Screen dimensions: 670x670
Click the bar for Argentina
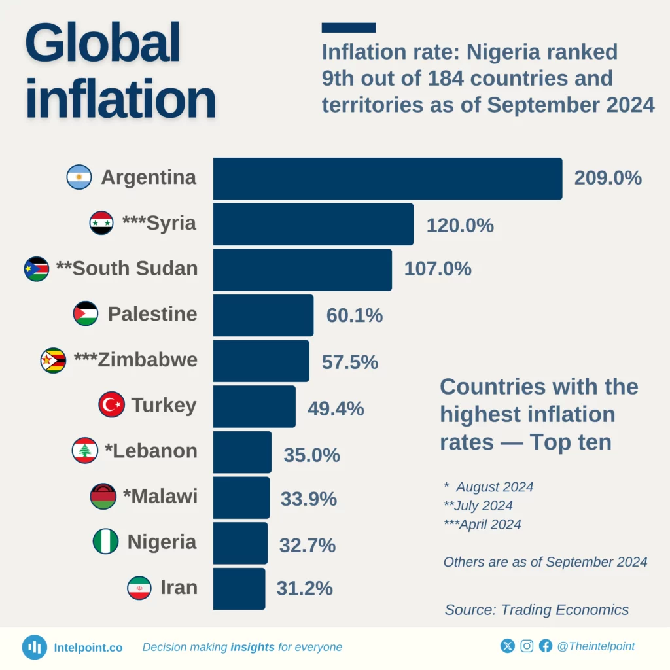pos(387,179)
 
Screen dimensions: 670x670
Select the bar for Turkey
pos(254,406)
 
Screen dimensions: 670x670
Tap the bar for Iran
pos(239,588)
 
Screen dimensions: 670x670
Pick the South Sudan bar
pos(302,270)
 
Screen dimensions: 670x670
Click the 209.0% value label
pos(608,178)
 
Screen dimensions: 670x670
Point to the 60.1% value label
pos(354,315)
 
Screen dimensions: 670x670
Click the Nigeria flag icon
pos(105,542)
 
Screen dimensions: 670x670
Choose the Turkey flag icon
pos(111,405)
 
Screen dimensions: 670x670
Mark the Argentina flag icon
pos(79,177)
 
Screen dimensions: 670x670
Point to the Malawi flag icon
pos(103,497)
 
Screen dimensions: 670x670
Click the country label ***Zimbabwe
pos(136,360)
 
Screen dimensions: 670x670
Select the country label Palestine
pos(152,314)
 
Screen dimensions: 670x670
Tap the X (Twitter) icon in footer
pos(508,646)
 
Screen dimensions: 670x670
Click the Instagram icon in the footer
pos(527,646)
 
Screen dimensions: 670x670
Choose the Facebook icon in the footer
pos(546,646)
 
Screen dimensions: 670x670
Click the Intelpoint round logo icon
pos(34,647)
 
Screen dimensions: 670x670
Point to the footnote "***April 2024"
pos(482,524)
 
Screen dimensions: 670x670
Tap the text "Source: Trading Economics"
pos(537,610)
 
